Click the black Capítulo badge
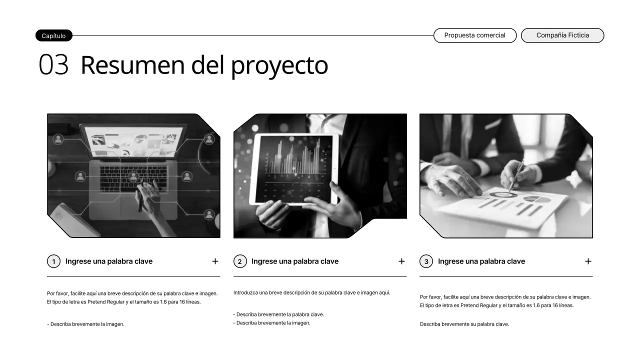pos(53,35)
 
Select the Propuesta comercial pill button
pos(474,35)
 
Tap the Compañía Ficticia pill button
pos(562,35)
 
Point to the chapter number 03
pos(53,65)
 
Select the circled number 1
pos(53,261)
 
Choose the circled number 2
pos(240,261)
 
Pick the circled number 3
pos(426,261)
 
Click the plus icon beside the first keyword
pos(215,261)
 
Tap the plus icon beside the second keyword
pos(401,261)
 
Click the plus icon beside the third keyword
pos(588,261)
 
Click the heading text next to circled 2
pos(295,261)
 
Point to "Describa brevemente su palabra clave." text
pos(464,324)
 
